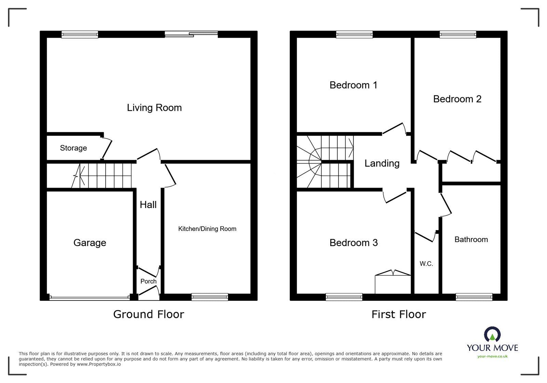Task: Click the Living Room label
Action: [x=154, y=108]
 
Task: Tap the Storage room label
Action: [x=74, y=148]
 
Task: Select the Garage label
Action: [x=90, y=243]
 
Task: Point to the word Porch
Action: [x=148, y=281]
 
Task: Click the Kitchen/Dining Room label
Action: [x=207, y=229]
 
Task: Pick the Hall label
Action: [x=148, y=205]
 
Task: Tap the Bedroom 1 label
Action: [x=353, y=85]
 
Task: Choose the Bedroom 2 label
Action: [x=457, y=99]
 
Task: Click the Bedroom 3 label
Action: [x=353, y=243]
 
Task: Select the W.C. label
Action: [x=426, y=264]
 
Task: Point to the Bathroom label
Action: [x=471, y=240]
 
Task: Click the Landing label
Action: [x=382, y=164]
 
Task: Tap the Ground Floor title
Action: [x=148, y=314]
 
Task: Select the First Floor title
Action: [x=399, y=314]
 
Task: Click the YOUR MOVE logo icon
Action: [x=492, y=334]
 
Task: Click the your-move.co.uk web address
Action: [x=492, y=356]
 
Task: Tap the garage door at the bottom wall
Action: [x=90, y=298]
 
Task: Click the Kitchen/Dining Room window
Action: [x=210, y=297]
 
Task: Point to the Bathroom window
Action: [x=474, y=297]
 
